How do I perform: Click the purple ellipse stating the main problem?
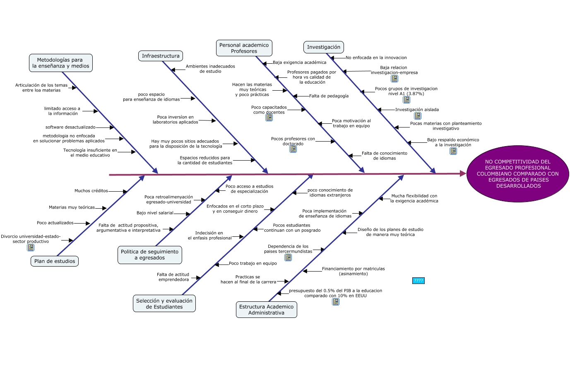click(517, 174)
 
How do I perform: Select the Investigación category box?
click(324, 47)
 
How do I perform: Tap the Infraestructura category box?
click(161, 56)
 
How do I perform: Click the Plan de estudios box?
click(55, 261)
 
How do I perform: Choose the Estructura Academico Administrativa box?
click(266, 310)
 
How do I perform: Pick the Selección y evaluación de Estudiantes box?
click(164, 304)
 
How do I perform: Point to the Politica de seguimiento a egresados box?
click(149, 255)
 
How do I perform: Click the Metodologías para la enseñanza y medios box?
click(61, 63)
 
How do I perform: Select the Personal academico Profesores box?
click(244, 48)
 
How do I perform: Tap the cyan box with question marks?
click(418, 281)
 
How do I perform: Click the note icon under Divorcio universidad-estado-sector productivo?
click(31, 248)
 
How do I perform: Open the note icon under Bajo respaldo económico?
click(453, 151)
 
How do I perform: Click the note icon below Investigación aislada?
click(418, 116)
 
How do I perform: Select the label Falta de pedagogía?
click(329, 96)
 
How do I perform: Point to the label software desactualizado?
click(70, 127)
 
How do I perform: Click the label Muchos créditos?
click(91, 191)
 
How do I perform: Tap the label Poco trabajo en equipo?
click(253, 263)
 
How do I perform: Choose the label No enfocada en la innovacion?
click(376, 58)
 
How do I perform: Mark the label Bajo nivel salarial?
click(155, 213)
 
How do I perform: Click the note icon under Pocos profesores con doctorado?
click(293, 149)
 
